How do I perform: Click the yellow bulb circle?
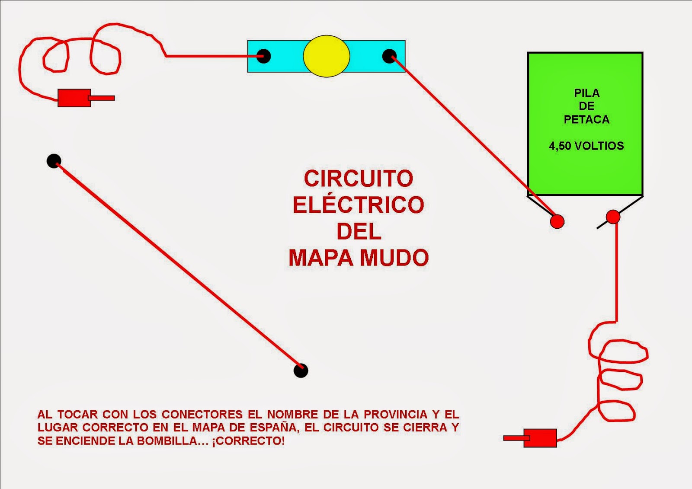coord(326,56)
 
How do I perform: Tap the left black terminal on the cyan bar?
coord(263,56)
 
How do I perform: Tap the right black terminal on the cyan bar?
coord(389,56)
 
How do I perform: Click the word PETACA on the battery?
coord(586,119)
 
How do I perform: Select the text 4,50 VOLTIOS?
coord(586,146)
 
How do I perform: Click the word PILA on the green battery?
coord(586,93)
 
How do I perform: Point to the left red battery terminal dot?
coord(557,221)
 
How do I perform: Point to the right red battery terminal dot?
coord(613,217)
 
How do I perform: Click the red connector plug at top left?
coord(74,98)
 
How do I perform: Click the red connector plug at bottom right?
coord(540,438)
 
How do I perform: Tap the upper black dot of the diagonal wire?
coord(54,161)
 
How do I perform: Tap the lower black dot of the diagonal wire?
coord(301,371)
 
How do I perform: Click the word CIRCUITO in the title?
coord(358,179)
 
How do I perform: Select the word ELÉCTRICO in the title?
coord(358,205)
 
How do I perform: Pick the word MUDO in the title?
coord(394,258)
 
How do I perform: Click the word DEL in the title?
coord(359,232)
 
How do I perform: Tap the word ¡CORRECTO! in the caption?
coord(248,441)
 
